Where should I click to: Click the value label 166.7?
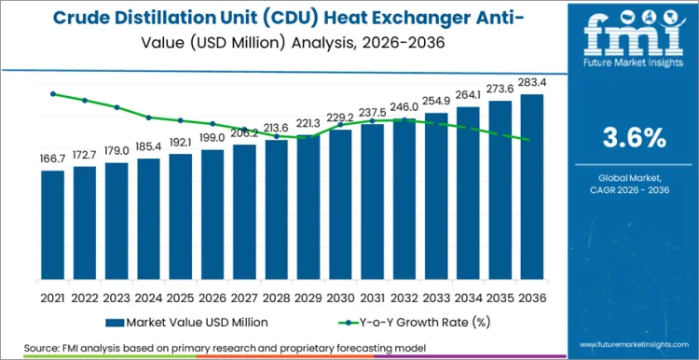point(53,159)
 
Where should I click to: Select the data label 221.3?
point(308,123)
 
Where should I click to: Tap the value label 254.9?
point(435,101)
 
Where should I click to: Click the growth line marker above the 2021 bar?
point(53,93)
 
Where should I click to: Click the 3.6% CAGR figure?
point(635,137)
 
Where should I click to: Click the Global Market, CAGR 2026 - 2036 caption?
point(635,184)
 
